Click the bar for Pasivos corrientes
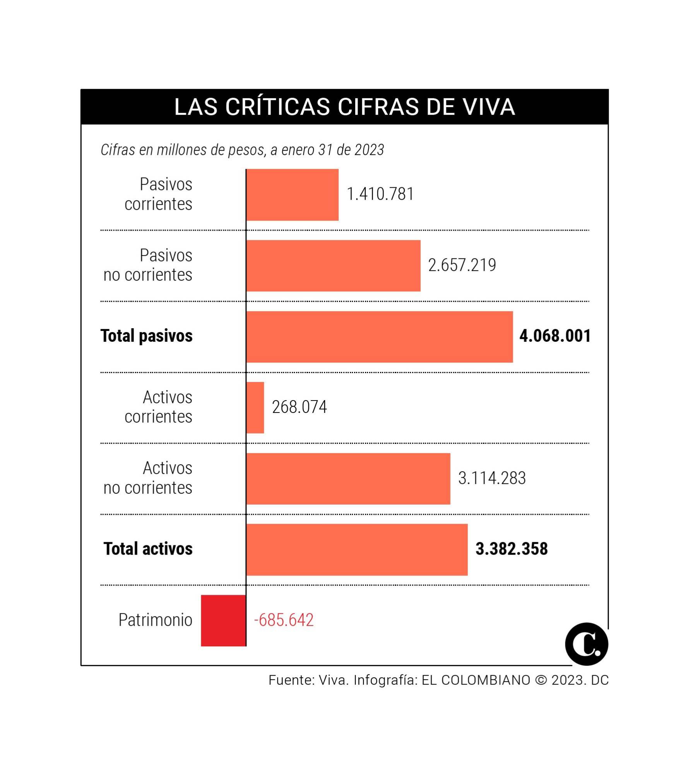pos(292,195)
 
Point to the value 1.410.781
pos(380,194)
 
